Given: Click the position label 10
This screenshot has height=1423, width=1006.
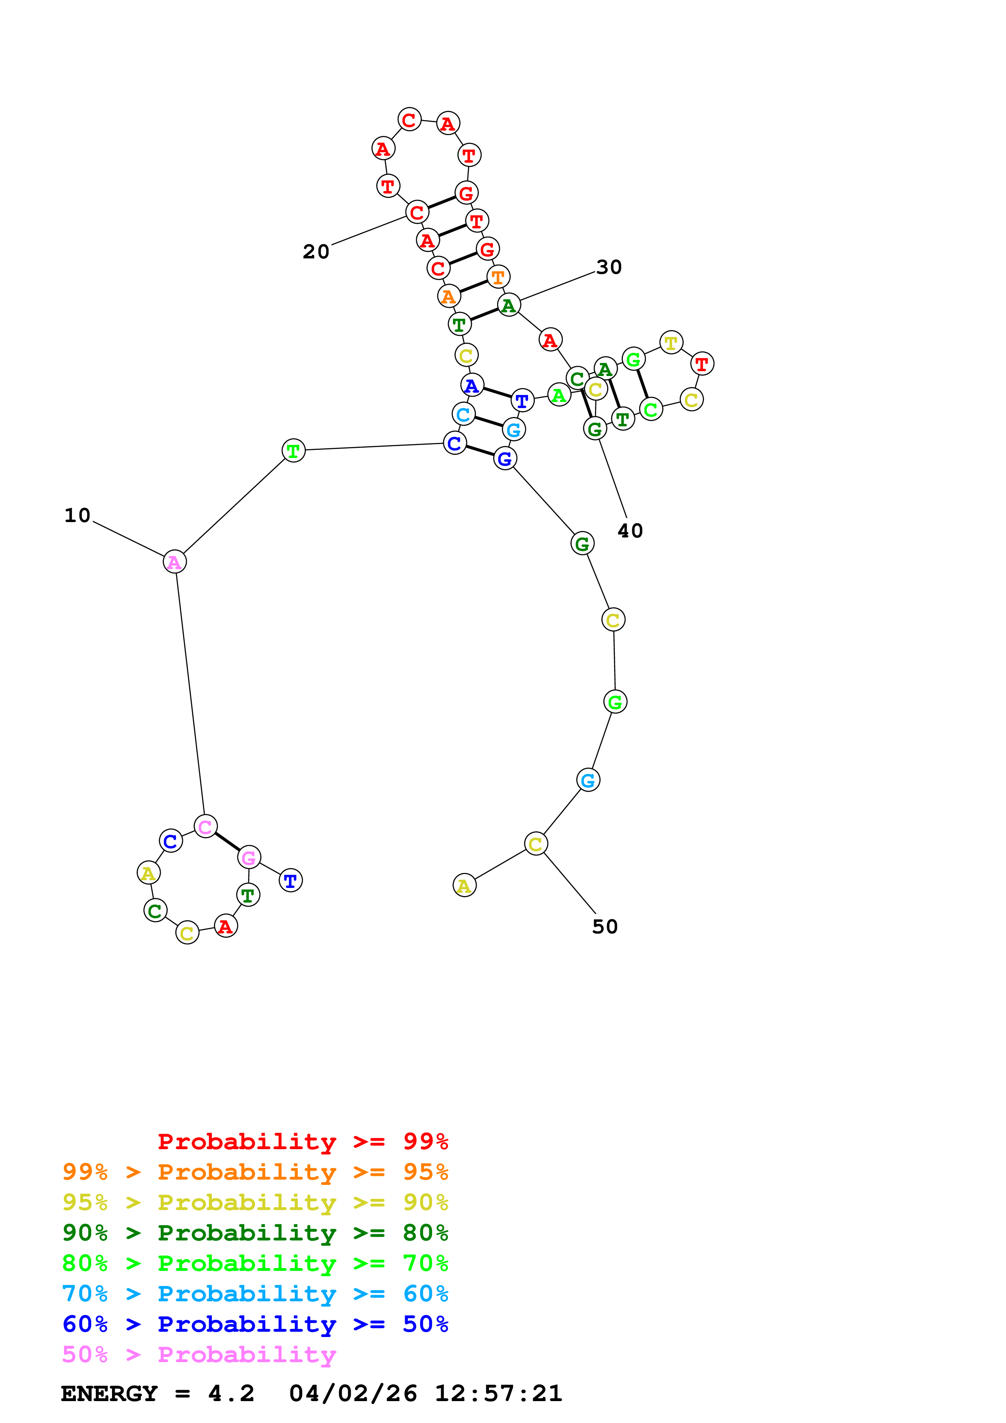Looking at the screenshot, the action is pyautogui.click(x=78, y=516).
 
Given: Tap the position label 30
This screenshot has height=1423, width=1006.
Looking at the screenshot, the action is pyautogui.click(x=609, y=267).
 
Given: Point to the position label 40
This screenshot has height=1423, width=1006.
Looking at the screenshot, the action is pyautogui.click(x=630, y=531).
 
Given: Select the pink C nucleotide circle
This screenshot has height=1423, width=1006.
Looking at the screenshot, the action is pyautogui.click(x=205, y=827).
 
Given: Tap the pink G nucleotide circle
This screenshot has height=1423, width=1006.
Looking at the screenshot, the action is pyautogui.click(x=248, y=858).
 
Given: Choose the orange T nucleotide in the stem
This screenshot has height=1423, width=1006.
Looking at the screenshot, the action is pyautogui.click(x=498, y=277).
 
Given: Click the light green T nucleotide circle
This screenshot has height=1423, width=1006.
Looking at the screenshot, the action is pyautogui.click(x=293, y=451).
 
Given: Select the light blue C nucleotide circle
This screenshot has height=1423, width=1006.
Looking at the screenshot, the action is pyautogui.click(x=463, y=415).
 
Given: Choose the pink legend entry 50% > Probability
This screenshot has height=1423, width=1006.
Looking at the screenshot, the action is pyautogui.click(x=199, y=1355).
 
